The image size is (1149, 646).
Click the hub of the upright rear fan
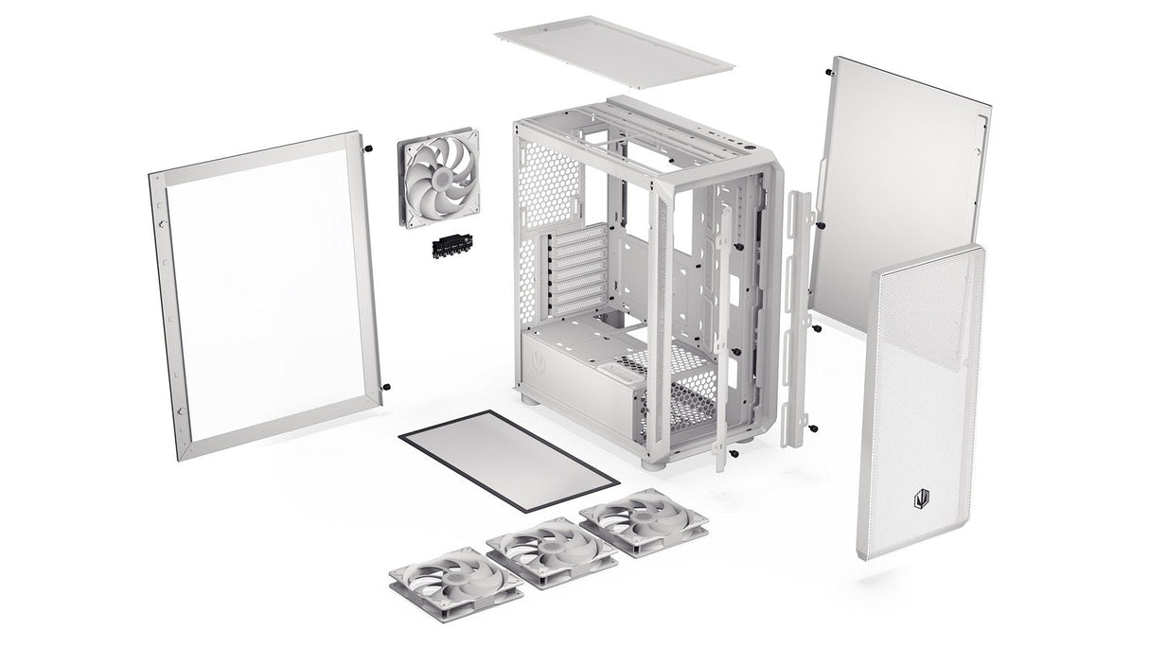(x=441, y=179)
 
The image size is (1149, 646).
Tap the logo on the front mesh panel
(x=919, y=496)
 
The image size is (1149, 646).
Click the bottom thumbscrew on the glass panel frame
(x=387, y=388)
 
